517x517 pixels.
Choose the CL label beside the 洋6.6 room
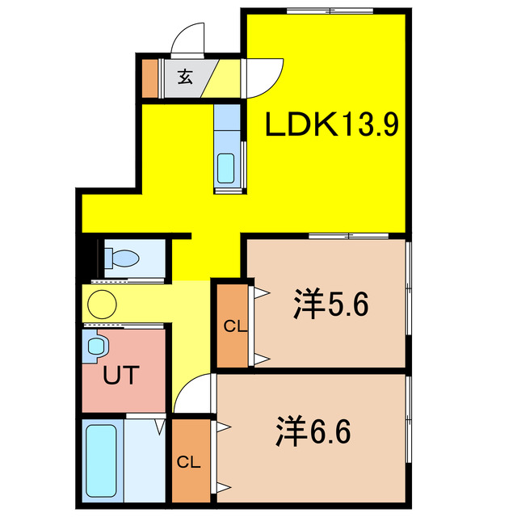pyautogui.click(x=187, y=462)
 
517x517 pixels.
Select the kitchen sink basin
pyautogui.click(x=227, y=169)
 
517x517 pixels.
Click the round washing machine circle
pyautogui.click(x=103, y=305)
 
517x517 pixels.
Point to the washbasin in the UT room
pyautogui.click(x=96, y=348)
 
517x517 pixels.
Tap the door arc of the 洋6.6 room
pyautogui.click(x=194, y=394)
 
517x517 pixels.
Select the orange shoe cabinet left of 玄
pyautogui.click(x=151, y=78)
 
